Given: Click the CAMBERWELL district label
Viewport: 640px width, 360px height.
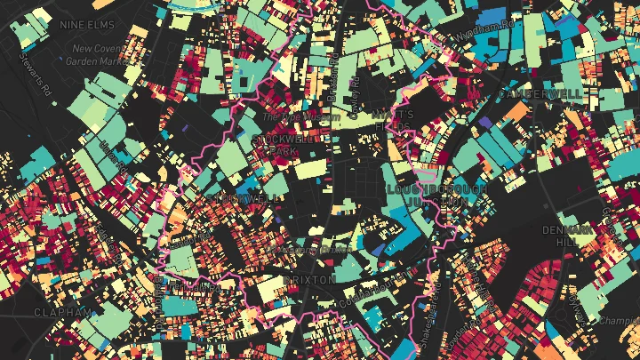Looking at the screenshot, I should [x=540, y=93].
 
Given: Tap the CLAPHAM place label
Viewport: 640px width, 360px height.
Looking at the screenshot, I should [x=62, y=313].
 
